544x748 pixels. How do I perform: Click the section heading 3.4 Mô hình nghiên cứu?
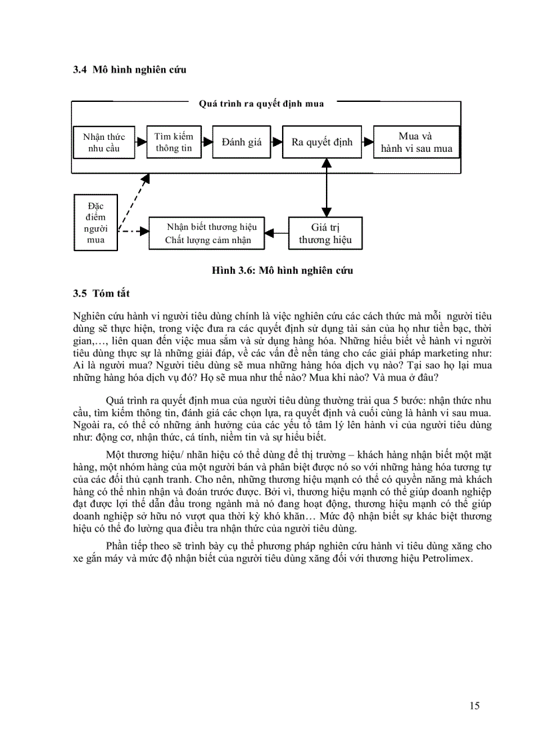130,70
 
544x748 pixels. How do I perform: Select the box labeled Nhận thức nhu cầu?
103,143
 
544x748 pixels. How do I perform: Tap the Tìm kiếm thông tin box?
173,142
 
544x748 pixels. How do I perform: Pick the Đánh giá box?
242,142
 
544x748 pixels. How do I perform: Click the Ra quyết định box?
322,142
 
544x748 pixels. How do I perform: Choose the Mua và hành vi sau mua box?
416,142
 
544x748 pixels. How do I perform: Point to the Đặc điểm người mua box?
95,222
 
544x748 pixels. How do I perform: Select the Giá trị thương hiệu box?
325,233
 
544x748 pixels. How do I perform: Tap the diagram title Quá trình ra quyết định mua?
261,103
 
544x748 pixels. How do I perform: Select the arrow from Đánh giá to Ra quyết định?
275,142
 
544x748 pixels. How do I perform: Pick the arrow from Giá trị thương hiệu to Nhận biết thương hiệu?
277,232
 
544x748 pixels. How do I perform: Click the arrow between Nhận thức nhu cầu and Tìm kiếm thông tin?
140,142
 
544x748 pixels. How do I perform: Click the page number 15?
474,706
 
